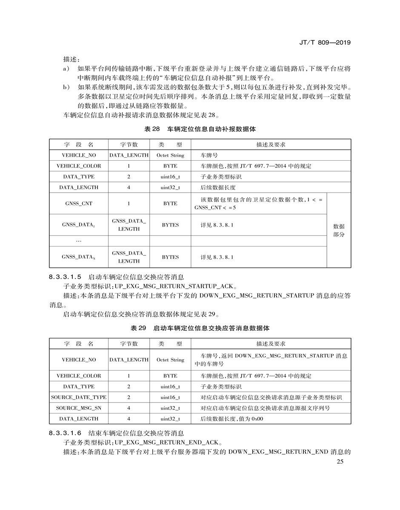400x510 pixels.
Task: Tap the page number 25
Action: pos(339,462)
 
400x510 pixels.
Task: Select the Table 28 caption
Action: pos(200,128)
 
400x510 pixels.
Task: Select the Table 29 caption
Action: pos(200,328)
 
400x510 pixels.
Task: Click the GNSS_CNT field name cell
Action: pos(79,204)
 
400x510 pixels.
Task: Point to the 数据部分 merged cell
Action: pos(339,230)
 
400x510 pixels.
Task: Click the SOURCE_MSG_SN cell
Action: pos(79,408)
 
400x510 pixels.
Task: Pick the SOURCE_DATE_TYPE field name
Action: pos(79,397)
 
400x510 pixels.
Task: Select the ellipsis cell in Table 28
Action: pos(79,241)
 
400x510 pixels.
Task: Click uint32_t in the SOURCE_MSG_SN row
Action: pos(170,408)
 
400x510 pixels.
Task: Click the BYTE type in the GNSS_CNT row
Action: pos(170,204)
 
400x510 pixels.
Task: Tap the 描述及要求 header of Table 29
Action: pos(271,344)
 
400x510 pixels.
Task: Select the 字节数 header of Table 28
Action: pos(129,144)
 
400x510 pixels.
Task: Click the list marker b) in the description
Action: pos(66,87)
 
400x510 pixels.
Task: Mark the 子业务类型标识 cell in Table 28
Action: pos(221,176)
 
